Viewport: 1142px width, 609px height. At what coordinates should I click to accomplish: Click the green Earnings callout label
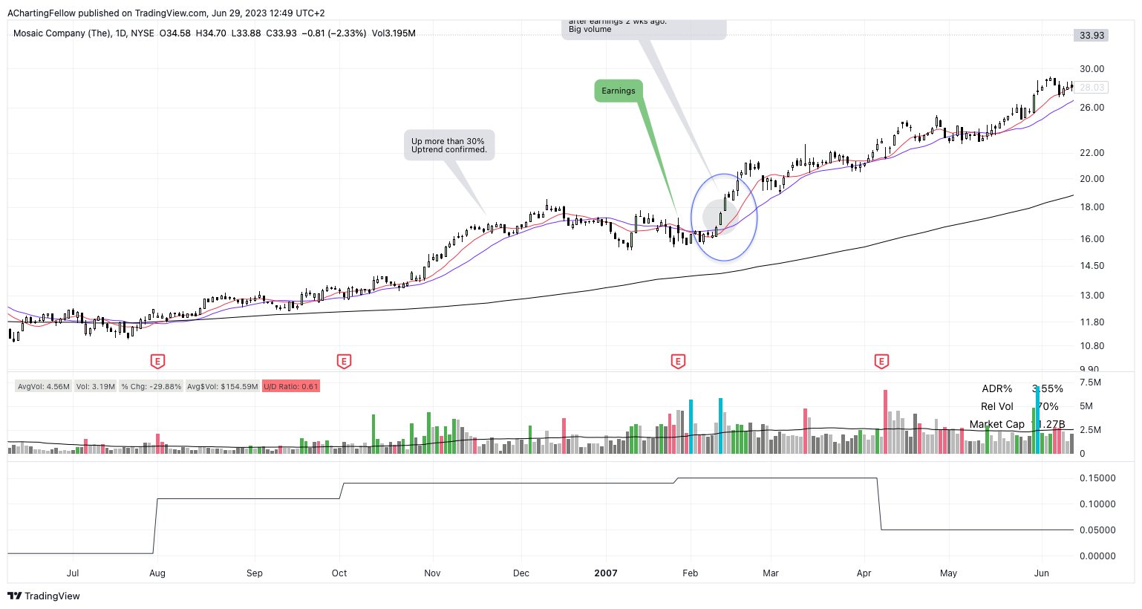pos(619,91)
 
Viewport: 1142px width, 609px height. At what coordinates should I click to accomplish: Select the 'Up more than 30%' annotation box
pos(448,145)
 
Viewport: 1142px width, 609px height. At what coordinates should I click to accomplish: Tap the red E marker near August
pos(157,362)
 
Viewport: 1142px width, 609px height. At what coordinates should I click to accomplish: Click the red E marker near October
pos(344,362)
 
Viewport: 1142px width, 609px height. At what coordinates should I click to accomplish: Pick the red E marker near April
pos(881,362)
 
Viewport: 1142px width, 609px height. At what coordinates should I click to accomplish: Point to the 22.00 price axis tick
pos(1092,153)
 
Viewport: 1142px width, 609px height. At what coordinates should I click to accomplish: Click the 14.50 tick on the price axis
pos(1092,266)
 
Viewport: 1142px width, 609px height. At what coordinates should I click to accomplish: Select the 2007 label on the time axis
pos(606,573)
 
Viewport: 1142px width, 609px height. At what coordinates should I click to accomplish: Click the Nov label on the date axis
pos(432,573)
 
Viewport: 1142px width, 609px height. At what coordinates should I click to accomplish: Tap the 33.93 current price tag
pos(1092,36)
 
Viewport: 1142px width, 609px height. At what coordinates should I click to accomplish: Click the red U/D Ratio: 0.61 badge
pos(291,386)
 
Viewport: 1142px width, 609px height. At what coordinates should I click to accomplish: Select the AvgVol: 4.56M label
pos(44,386)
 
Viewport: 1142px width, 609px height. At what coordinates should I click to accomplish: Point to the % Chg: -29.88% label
pos(151,386)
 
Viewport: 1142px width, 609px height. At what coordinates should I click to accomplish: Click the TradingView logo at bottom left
pos(44,596)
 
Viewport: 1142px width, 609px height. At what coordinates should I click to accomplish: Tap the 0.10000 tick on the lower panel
pos(1097,504)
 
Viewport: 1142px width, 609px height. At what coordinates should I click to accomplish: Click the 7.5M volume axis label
pos(1090,382)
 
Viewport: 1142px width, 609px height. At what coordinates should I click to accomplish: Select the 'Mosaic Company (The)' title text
pos(62,33)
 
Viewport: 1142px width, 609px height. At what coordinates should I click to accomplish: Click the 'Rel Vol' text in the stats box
pos(996,406)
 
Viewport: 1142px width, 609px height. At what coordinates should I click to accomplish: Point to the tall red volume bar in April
pos(885,421)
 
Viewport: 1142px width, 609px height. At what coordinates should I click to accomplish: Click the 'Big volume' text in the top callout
pos(590,30)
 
